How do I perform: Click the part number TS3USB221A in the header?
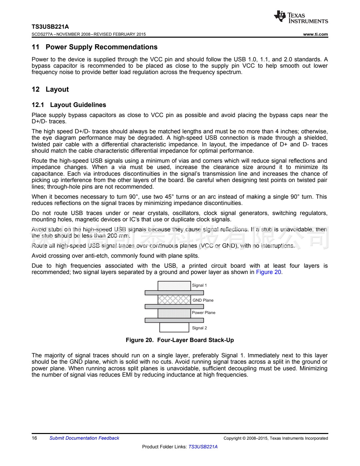(x=50, y=27)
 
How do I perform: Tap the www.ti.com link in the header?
(x=315, y=34)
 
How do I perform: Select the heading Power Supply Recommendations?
(x=101, y=47)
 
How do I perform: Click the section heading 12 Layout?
(x=50, y=89)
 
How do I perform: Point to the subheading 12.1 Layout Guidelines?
(x=69, y=105)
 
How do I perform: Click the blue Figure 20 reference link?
(x=269, y=272)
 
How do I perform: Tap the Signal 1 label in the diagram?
(x=199, y=285)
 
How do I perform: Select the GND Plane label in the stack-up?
(x=203, y=300)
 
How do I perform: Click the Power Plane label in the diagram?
(x=204, y=313)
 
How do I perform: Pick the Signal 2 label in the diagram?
(x=199, y=328)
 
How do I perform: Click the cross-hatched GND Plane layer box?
(x=174, y=300)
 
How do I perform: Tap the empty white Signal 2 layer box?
(x=174, y=327)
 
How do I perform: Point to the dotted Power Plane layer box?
(x=174, y=313)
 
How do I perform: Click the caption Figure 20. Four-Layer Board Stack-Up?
(x=180, y=340)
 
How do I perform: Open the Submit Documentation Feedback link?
(x=84, y=438)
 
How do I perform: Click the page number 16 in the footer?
(x=34, y=438)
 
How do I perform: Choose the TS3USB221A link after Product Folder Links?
(x=203, y=447)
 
